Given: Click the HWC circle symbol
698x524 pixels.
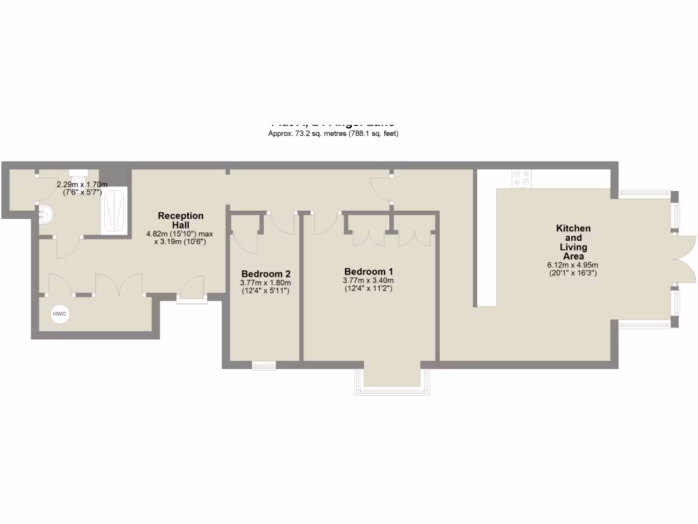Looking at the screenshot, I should [60, 314].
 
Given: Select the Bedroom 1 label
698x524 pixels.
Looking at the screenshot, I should [368, 270].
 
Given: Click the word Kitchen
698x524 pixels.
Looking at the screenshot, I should [573, 229].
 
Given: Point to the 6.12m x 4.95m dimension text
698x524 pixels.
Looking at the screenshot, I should [573, 265].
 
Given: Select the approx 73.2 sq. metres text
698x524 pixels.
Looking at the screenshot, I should [333, 134].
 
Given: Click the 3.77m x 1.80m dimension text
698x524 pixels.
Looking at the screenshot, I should [265, 282].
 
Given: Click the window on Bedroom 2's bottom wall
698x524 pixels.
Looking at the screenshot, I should [264, 366].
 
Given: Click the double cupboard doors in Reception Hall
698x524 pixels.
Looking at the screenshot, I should [119, 283].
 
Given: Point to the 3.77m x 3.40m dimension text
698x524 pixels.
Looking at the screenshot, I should [368, 280].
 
